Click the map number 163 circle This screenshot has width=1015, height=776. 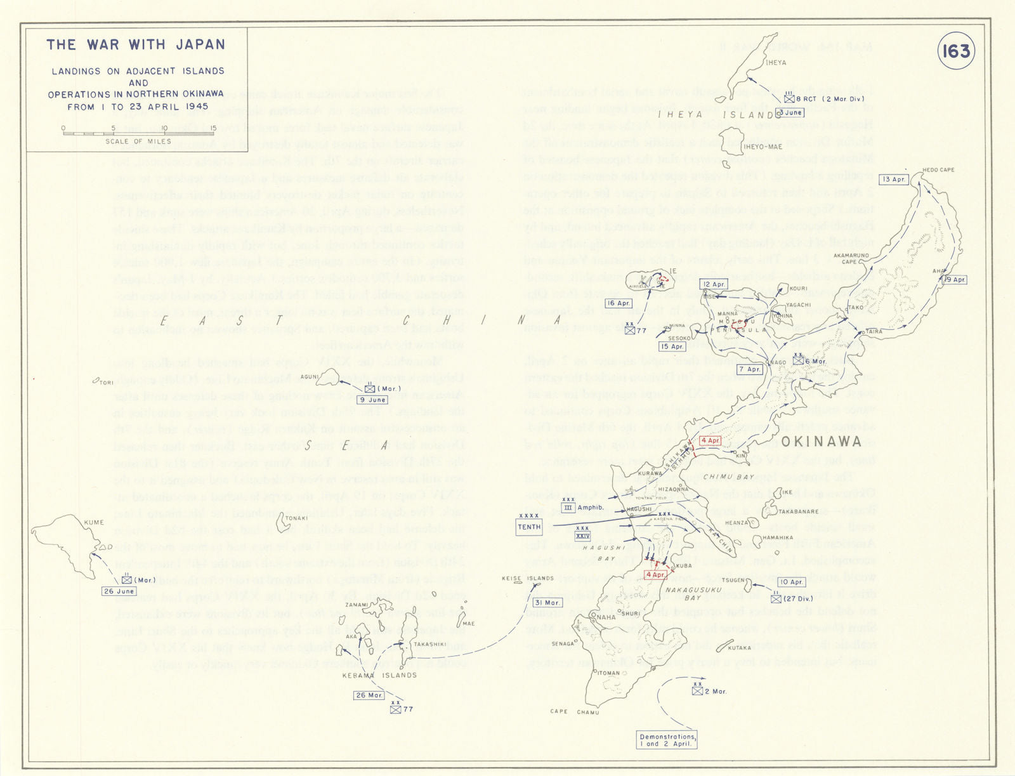tap(956, 51)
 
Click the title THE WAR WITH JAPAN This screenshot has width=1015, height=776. tap(136, 45)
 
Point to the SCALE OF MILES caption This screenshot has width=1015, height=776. tap(138, 141)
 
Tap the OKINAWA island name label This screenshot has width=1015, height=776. tap(821, 442)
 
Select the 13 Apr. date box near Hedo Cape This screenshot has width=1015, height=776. tap(894, 180)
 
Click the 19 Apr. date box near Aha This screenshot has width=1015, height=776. tap(954, 280)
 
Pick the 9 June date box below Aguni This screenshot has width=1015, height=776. tap(372, 400)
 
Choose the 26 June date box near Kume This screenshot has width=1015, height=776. tap(119, 591)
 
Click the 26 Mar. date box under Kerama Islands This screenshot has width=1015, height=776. tap(369, 695)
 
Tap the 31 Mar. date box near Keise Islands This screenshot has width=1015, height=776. tap(546, 603)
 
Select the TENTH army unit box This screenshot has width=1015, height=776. tap(529, 527)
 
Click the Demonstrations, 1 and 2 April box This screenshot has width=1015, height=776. tap(667, 740)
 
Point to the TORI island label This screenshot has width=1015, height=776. tap(106, 383)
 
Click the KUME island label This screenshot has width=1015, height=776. tap(94, 522)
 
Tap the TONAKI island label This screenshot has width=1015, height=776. tap(296, 518)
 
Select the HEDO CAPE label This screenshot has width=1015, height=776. tap(938, 170)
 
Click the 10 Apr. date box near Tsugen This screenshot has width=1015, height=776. tap(792, 582)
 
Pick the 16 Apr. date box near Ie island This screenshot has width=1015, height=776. tap(618, 303)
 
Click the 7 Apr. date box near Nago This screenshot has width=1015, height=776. tap(750, 369)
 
